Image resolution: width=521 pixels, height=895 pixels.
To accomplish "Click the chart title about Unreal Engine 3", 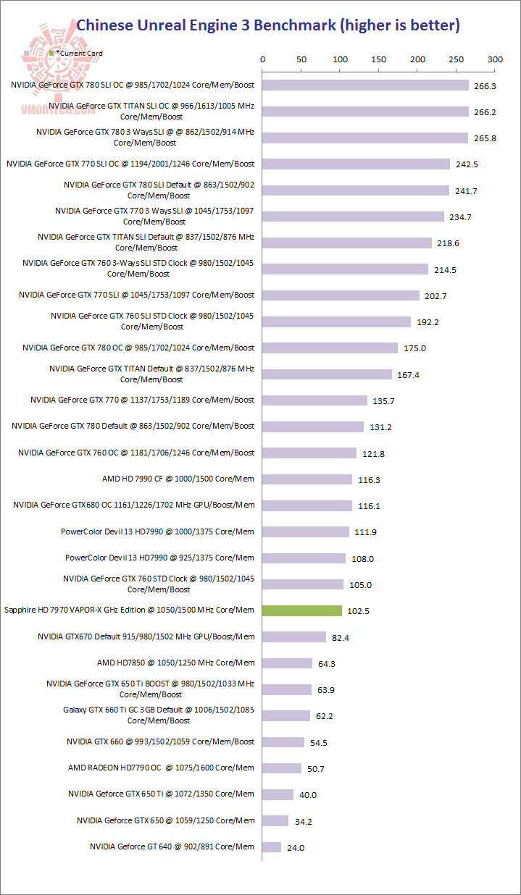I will [268, 25].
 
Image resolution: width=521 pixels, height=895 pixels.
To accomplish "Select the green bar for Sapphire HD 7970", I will [301, 610].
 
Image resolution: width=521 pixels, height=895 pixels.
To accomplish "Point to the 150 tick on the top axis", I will [379, 59].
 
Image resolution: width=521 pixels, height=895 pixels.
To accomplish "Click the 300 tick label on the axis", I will [495, 59].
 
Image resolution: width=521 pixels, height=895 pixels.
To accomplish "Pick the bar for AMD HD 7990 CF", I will [307, 479].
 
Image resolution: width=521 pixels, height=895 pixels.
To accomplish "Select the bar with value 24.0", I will [272, 846].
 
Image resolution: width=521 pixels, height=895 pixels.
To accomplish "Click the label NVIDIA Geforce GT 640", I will [172, 846].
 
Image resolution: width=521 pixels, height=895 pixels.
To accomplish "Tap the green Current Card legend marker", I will [51, 54].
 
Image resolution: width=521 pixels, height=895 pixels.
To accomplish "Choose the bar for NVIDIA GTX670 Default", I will [294, 636].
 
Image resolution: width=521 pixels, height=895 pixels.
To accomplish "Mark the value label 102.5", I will [358, 611].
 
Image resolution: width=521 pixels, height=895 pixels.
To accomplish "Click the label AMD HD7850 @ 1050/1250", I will [175, 663].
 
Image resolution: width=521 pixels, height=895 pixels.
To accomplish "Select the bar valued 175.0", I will [330, 348].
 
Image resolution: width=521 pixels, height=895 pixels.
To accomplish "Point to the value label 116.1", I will [368, 506].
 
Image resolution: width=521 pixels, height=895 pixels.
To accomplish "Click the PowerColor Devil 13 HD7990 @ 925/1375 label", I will [159, 558].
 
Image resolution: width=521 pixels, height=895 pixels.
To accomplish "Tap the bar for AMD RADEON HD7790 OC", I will [282, 768].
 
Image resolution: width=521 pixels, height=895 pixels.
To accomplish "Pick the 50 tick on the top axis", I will [301, 59].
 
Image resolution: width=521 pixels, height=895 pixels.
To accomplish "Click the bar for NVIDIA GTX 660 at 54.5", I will [283, 741].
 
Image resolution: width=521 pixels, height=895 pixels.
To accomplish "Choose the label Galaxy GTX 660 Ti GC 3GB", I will [159, 715].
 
